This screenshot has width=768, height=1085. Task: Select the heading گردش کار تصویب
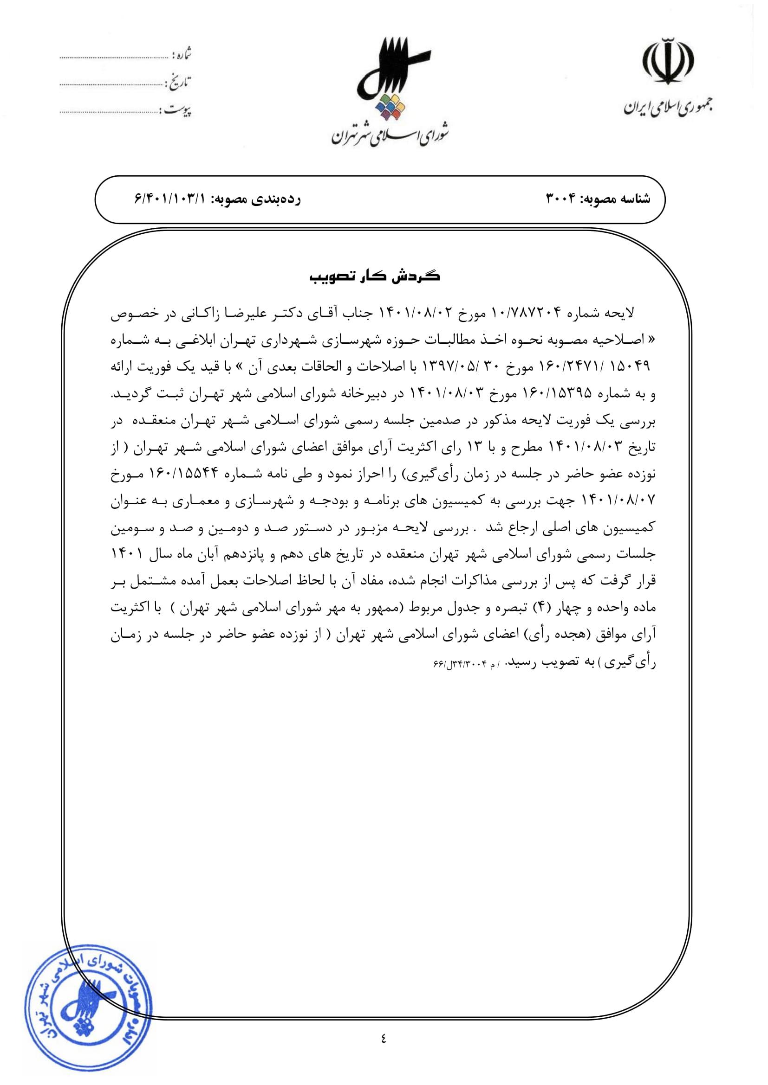(375, 276)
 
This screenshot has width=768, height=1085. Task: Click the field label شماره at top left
(182, 54)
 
